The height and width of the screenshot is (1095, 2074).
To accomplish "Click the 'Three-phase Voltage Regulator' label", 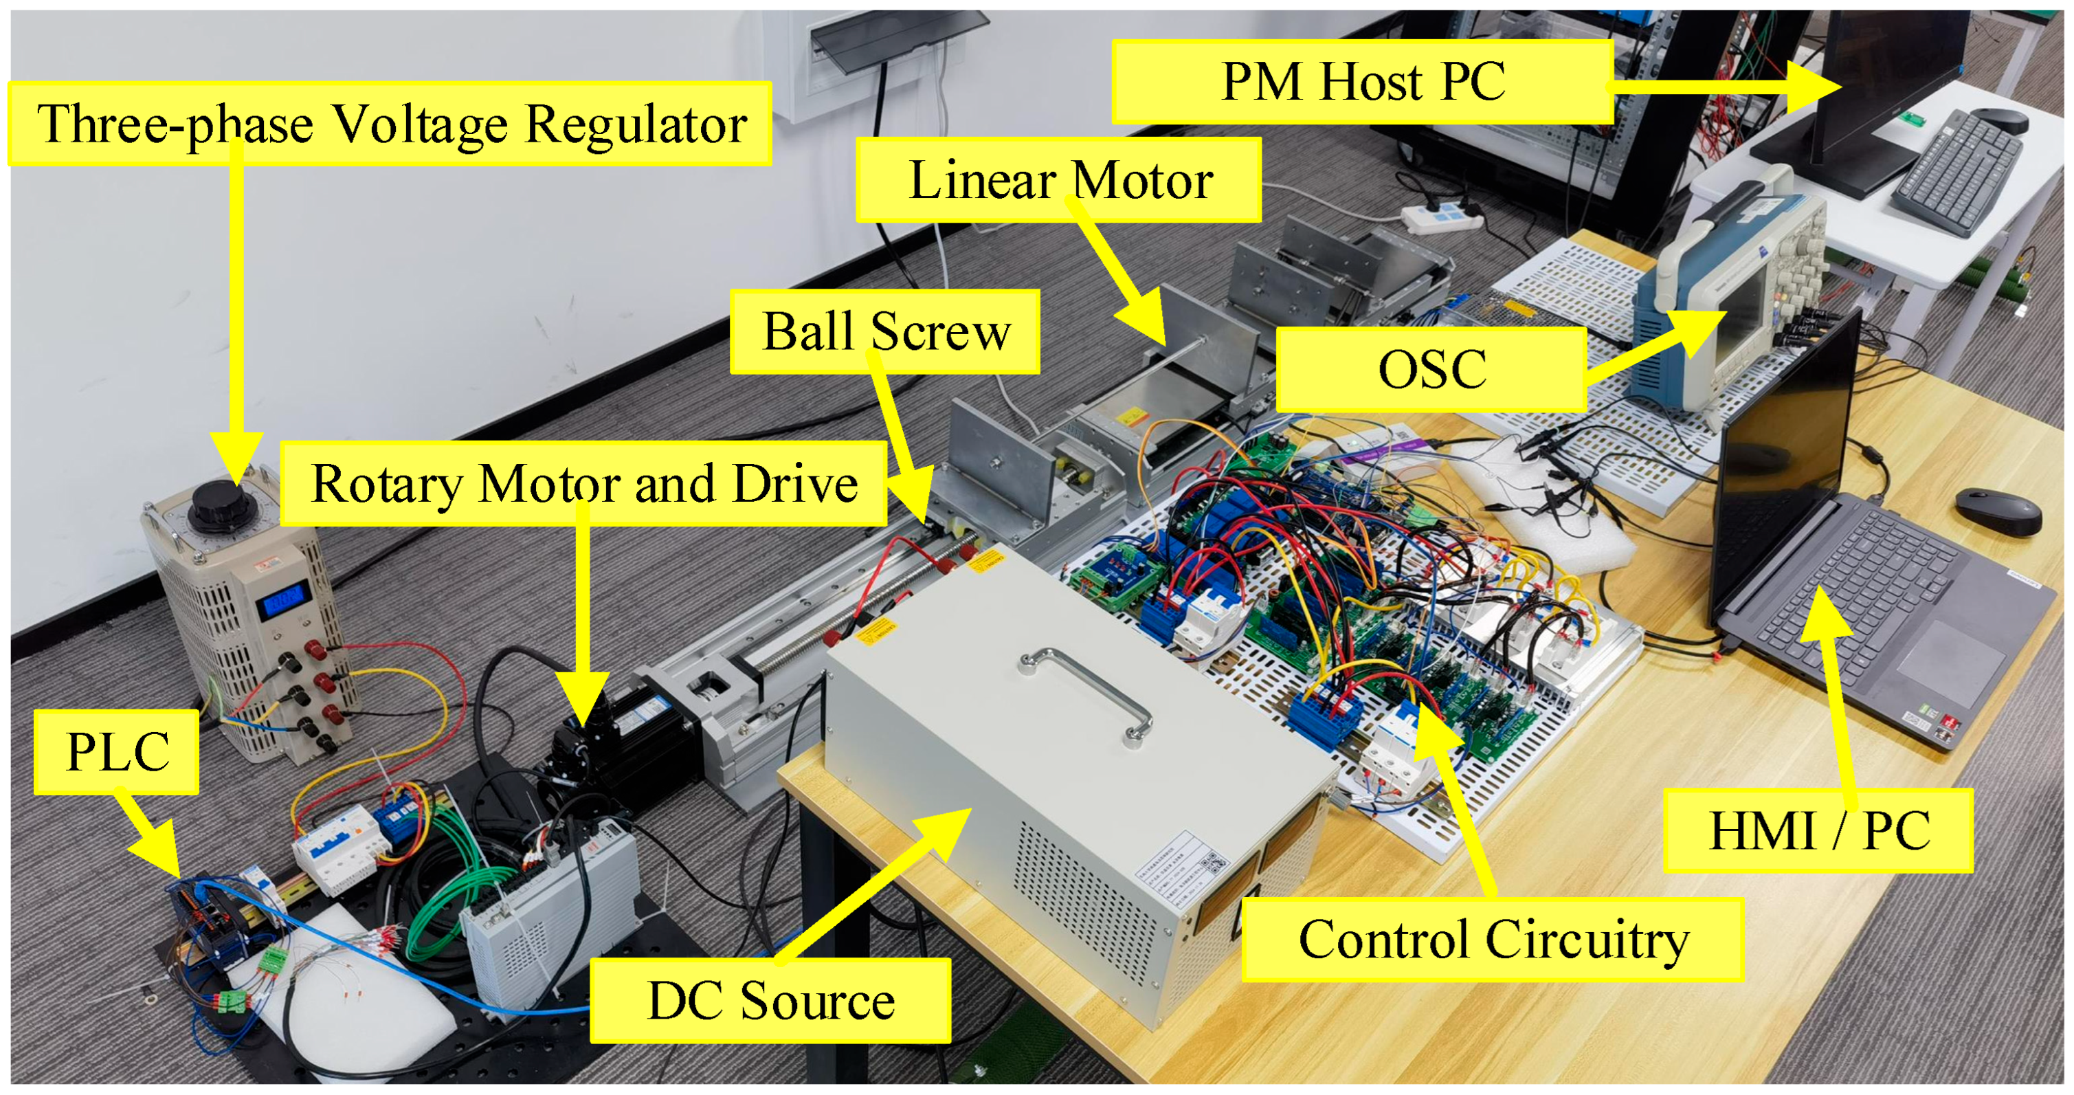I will coord(391,125).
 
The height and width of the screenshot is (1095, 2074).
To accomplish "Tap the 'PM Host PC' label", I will coord(1362,82).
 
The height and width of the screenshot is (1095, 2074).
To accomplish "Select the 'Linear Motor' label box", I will coord(1060,179).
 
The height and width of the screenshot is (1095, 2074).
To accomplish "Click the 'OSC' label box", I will coord(1431,370).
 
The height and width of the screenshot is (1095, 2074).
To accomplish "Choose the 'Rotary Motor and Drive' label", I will coord(583,483).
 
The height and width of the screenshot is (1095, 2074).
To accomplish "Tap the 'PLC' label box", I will coord(117,752).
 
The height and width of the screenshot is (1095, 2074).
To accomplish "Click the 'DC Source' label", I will coord(770,1001).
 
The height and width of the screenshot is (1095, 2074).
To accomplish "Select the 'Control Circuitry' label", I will coord(1493,940).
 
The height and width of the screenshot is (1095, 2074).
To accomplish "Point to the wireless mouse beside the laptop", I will coord(1998,509).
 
